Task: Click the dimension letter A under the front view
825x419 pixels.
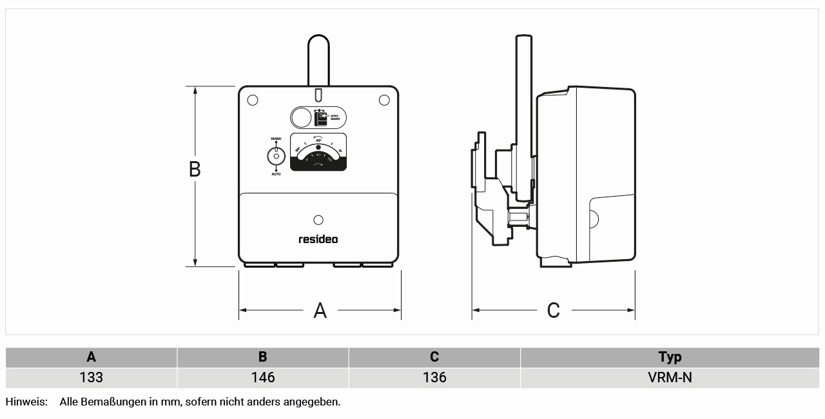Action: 320,311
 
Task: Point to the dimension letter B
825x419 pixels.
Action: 195,169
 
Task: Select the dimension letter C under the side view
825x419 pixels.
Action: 553,311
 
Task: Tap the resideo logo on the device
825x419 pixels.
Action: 318,239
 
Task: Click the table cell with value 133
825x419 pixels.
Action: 91,377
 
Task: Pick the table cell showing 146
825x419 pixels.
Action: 263,377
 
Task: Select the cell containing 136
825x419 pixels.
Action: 434,377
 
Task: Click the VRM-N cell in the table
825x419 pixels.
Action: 670,377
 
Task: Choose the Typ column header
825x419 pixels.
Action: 670,357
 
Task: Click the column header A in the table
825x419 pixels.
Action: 91,357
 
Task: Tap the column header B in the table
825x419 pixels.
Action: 263,357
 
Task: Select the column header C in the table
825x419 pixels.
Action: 434,357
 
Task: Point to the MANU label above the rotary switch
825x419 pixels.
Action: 276,139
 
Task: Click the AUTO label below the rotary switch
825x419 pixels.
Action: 276,174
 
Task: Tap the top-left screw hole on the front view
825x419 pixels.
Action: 253,100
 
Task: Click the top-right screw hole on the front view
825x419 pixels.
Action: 384,100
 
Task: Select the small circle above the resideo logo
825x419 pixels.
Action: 318,220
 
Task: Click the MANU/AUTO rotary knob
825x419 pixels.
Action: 276,156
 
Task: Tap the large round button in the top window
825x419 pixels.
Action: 301,118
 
